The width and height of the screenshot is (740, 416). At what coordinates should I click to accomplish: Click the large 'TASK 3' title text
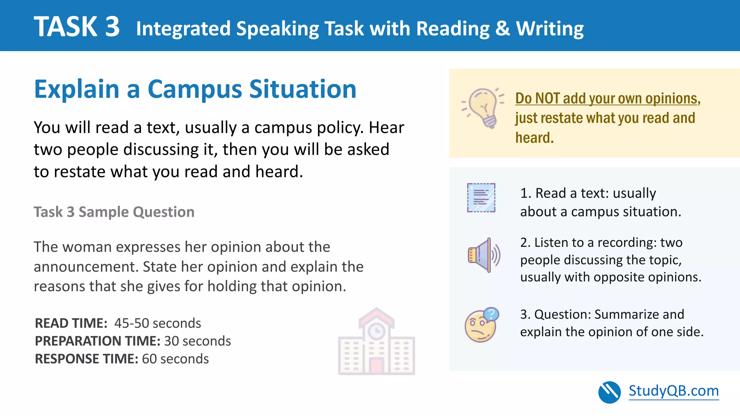77,27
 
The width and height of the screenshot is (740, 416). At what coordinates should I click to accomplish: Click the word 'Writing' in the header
550,29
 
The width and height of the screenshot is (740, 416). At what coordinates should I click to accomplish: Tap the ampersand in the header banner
503,29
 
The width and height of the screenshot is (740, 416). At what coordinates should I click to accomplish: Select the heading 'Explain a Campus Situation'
195,89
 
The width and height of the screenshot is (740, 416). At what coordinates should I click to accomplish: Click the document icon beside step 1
481,198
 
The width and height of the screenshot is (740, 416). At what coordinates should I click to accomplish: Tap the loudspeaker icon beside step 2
483,255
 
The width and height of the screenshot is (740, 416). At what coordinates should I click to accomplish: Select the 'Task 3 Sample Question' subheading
114,212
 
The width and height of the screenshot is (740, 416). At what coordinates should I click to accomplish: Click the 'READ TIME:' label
71,323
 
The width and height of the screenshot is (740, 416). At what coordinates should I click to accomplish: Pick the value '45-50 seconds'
158,323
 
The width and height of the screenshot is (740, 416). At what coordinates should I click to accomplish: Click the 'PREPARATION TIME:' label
98,341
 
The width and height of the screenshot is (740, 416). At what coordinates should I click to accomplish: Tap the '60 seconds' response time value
175,359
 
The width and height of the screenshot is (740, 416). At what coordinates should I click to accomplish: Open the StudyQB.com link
674,391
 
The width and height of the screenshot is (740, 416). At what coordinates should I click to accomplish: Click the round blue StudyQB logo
609,392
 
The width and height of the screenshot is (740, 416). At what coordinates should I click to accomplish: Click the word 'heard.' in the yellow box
534,138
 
